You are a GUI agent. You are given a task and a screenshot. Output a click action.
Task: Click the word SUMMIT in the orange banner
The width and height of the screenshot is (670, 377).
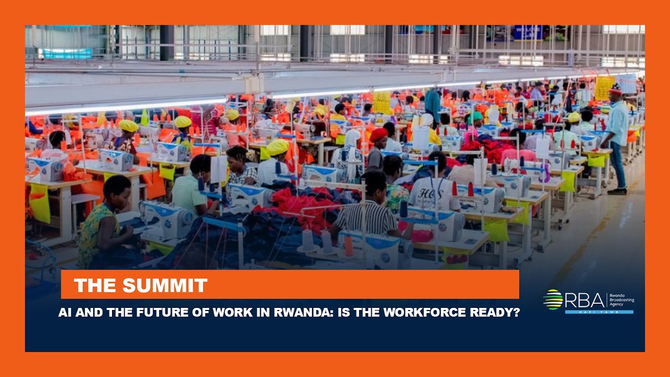165,285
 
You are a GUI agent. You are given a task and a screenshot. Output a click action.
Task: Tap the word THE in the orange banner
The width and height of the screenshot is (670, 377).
94,285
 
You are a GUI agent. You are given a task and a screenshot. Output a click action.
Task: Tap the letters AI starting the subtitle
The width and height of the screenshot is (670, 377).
65,313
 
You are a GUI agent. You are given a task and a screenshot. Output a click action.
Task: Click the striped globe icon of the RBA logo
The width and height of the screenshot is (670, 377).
553,300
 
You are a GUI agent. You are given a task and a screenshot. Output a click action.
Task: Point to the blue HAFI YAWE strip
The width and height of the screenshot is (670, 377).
599,312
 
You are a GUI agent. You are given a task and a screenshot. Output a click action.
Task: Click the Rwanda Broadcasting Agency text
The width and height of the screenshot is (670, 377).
621,300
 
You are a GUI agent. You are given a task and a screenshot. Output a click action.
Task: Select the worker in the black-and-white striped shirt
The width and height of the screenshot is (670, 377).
366,209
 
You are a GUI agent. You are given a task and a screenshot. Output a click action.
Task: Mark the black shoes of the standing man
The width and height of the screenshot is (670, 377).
618,191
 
